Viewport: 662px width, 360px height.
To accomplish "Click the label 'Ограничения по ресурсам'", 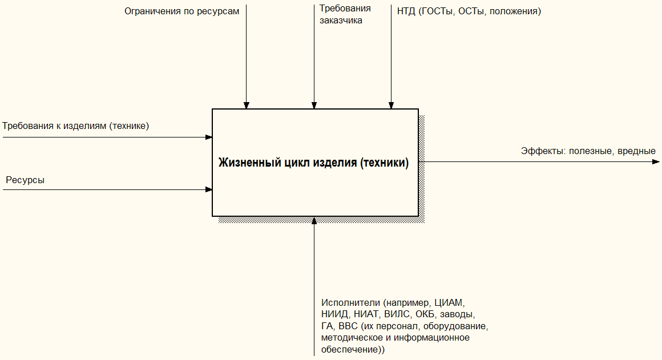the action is pos(181,11).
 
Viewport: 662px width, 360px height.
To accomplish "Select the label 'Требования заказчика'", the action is pos(345,14).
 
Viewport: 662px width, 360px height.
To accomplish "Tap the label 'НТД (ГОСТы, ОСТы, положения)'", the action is pos(469,11).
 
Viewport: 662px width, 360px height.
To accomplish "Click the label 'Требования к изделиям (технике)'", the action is pos(75,126).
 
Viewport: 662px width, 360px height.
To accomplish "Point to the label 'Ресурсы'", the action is pos(25,180).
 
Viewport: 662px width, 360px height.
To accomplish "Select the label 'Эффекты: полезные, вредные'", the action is pos(588,151).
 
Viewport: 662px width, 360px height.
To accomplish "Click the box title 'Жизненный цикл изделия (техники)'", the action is pos(313,163).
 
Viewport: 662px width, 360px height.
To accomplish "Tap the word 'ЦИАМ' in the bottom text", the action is pos(449,302).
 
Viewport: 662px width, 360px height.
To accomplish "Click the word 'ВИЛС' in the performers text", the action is pos(397,314).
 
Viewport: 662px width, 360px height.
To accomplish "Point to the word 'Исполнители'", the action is pos(351,302).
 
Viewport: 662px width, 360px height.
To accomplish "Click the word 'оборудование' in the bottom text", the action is pos(455,326).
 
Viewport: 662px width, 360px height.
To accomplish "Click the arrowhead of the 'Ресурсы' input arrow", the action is pos(209,189).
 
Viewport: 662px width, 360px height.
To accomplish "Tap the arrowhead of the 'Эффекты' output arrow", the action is pos(656,161).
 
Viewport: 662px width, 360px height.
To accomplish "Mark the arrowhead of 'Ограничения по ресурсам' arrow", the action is pos(247,106).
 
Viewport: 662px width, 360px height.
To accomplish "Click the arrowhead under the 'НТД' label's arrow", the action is pos(391,106).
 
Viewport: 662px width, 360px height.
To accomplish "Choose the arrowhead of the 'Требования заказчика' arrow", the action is pos(314,106).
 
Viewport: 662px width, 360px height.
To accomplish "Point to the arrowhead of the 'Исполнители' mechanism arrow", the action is pos(314,220).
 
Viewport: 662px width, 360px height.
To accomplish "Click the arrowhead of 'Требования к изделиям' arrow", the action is pos(209,137).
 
